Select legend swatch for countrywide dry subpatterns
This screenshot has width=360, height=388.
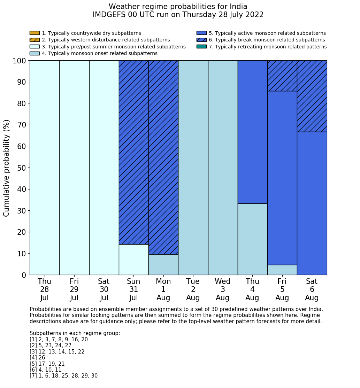point(35,33)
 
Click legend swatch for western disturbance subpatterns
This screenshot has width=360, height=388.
point(35,40)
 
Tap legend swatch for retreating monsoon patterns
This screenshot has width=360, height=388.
point(201,47)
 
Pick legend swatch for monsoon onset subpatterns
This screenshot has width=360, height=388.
point(35,53)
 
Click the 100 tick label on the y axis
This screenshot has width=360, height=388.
point(19,61)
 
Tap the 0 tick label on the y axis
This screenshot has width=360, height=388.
point(24,275)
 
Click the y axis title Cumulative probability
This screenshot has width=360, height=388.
point(7,168)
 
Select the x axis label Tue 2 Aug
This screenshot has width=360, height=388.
point(193,289)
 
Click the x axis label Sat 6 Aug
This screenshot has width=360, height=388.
point(312,289)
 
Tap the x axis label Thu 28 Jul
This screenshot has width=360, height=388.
point(45,289)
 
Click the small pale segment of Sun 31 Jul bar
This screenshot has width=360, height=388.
point(134,259)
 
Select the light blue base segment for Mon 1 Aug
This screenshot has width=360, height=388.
point(163,265)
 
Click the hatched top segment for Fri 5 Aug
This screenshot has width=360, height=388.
point(282,76)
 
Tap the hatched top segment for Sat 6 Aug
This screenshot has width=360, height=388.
point(312,96)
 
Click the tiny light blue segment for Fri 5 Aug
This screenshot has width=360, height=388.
point(282,270)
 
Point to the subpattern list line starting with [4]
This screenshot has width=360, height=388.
point(37,358)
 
